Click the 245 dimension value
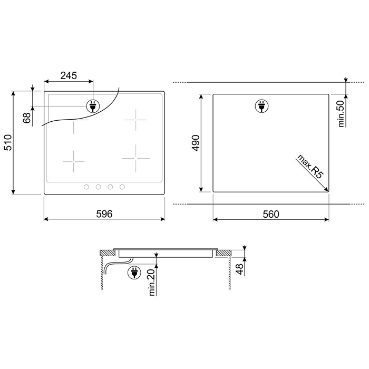tap(69, 75)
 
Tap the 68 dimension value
tap(27, 118)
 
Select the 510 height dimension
tap(8, 143)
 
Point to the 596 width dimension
tap(104, 214)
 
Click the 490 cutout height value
tap(196, 143)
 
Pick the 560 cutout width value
tap(271, 214)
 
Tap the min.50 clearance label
tap(341, 114)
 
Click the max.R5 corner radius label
tap(310, 167)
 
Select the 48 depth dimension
tap(239, 269)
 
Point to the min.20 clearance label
tap(152, 282)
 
